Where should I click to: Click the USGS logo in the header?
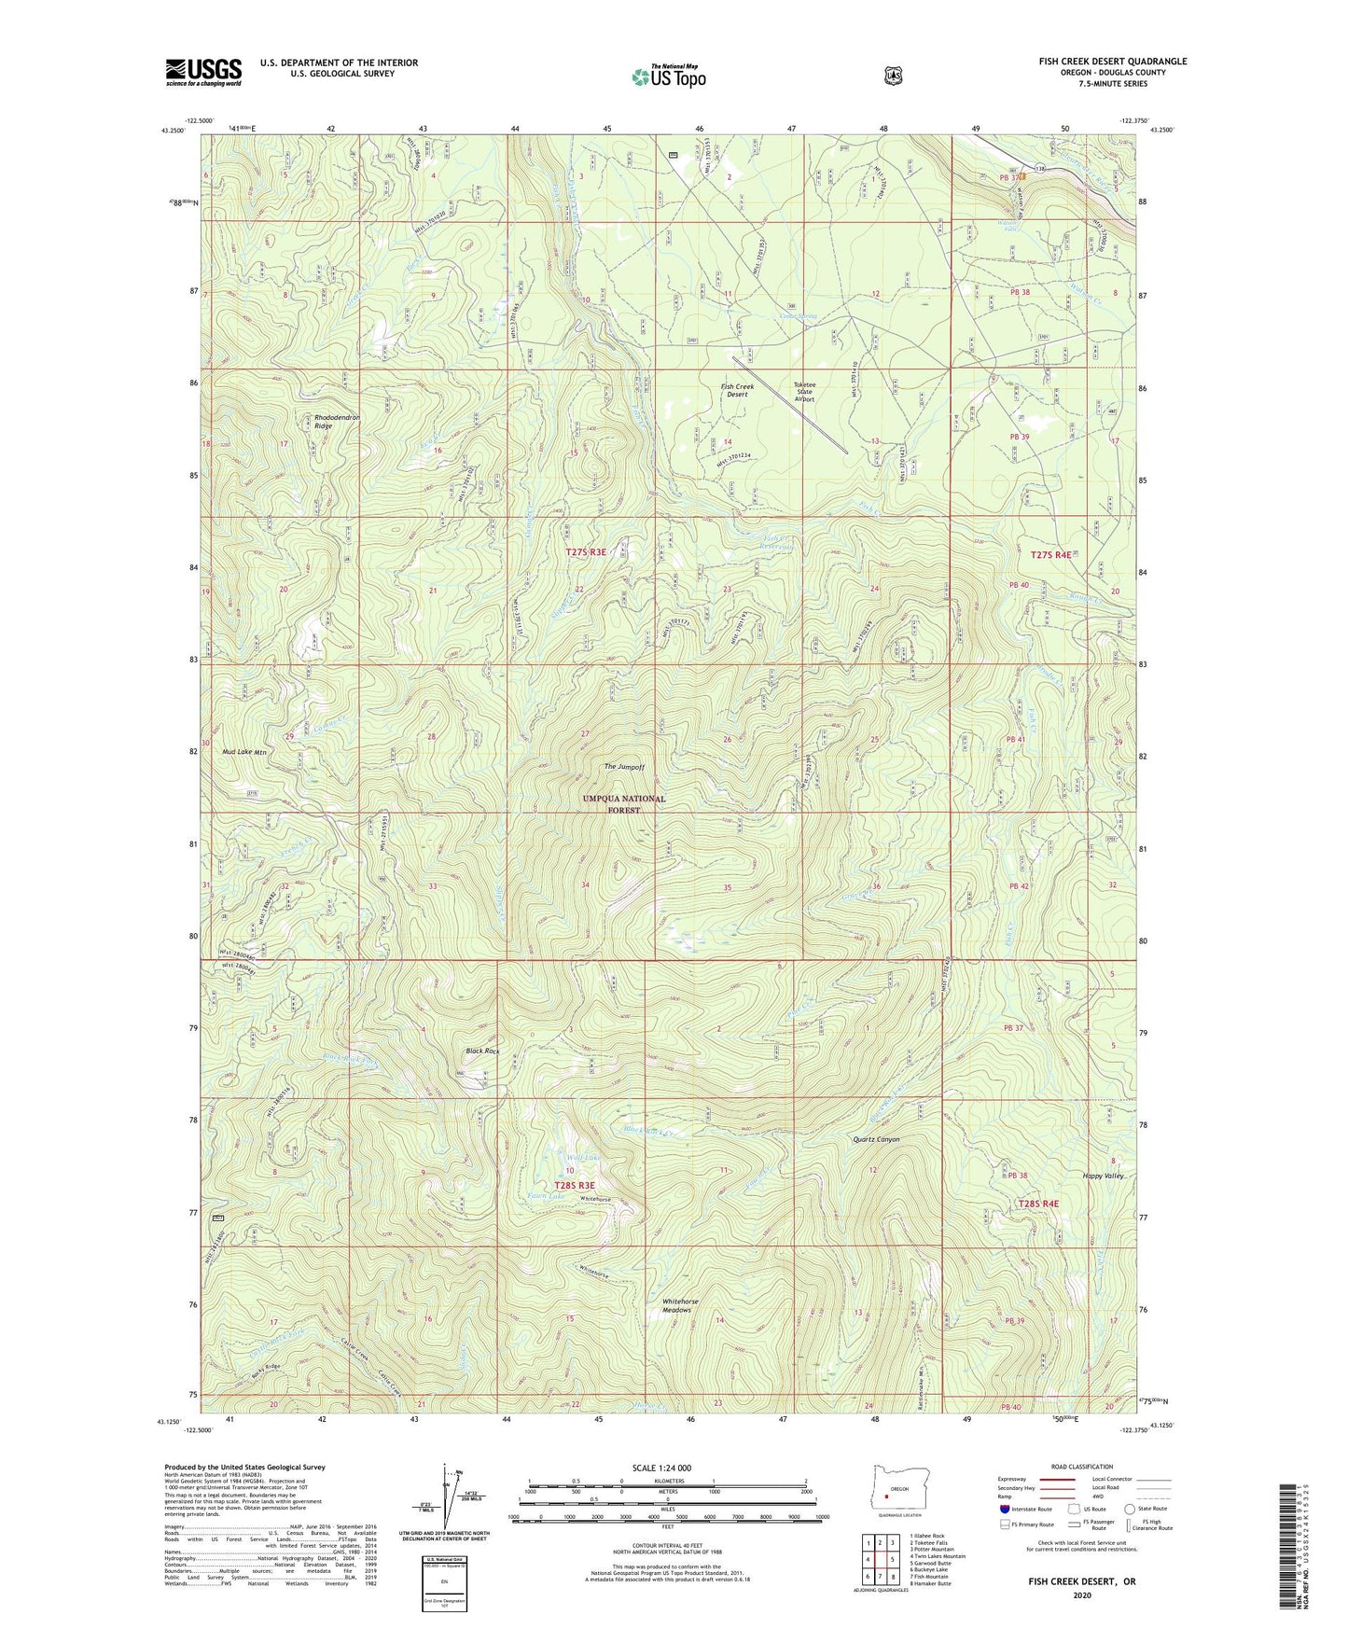pyautogui.click(x=203, y=71)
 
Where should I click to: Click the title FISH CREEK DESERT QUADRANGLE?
pyautogui.click(x=1112, y=62)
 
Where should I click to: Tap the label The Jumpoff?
pyautogui.click(x=623, y=767)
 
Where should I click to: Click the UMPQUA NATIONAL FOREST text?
pyautogui.click(x=624, y=804)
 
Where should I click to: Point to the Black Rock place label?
pyautogui.click(x=482, y=1051)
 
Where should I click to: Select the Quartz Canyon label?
pyautogui.click(x=876, y=1139)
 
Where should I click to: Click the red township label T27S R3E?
pyautogui.click(x=585, y=552)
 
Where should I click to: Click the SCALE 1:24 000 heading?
pyautogui.click(x=661, y=1468)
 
